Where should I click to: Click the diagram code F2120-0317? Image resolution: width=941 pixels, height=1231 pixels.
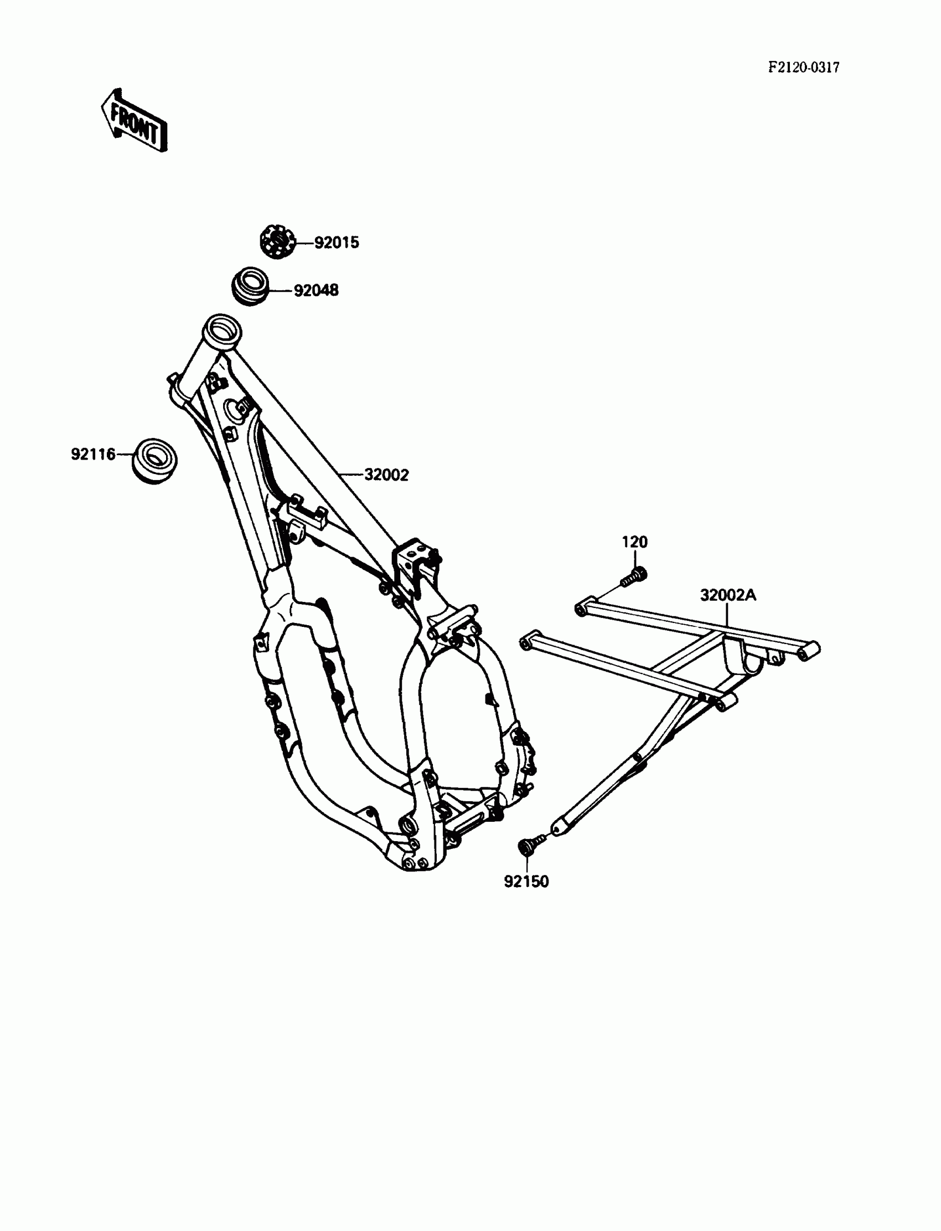pos(803,68)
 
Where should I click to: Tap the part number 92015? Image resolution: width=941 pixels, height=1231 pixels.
pos(336,243)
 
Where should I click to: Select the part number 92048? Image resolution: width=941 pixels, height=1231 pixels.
pos(317,290)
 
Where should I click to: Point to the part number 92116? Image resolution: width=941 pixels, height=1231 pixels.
pos(93,454)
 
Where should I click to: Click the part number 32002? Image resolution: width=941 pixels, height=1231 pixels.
pos(386,475)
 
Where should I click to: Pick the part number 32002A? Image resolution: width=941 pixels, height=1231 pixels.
pos(727,595)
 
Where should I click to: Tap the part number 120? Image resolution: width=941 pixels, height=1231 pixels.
pos(634,542)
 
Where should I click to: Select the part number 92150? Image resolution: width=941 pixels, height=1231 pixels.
pos(526,882)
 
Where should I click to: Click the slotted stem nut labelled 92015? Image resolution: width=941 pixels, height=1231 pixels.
pos(277,241)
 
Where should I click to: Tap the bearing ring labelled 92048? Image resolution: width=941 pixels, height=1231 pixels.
pos(250,286)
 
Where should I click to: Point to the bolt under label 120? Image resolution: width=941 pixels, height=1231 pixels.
pos(634,575)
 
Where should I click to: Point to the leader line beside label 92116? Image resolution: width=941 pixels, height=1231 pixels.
pos(125,455)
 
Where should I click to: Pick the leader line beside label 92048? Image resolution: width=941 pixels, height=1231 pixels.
pos(281,290)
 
